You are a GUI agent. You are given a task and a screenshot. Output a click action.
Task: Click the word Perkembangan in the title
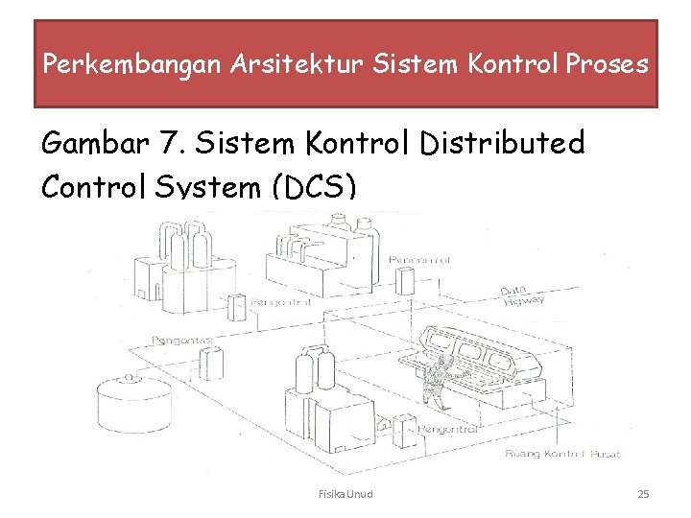(132, 65)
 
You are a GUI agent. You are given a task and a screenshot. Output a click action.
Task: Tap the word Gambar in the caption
(93, 145)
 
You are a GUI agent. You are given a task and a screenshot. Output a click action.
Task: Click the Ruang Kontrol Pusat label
(562, 453)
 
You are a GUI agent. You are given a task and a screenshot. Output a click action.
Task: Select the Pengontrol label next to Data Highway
(419, 260)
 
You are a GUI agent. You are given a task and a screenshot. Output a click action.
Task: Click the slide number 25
(643, 494)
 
